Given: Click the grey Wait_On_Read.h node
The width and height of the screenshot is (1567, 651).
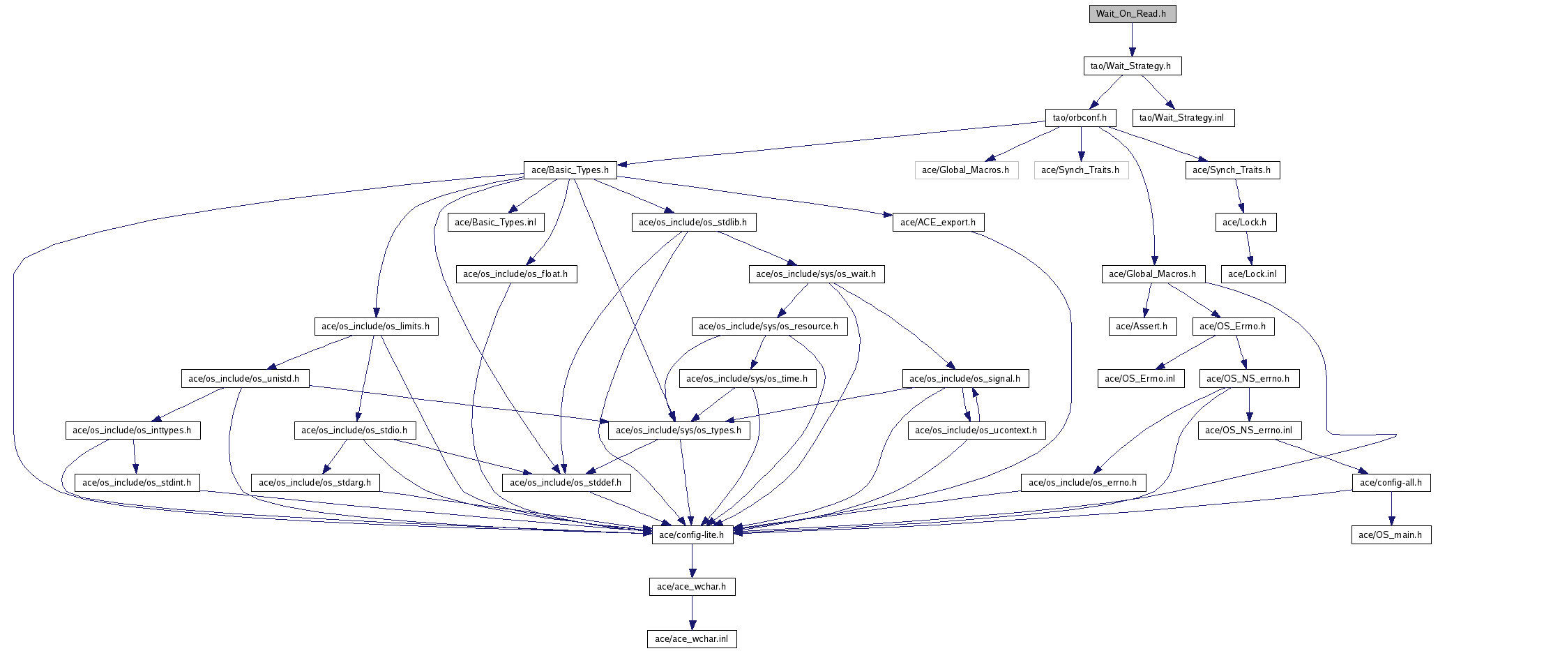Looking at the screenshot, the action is pyautogui.click(x=1133, y=14).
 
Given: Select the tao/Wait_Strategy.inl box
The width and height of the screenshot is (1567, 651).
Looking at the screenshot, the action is pyautogui.click(x=1182, y=118).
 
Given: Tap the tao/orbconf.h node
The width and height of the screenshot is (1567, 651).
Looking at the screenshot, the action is pyautogui.click(x=1080, y=118).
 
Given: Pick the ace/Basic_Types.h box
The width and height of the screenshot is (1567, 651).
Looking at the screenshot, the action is pyautogui.click(x=570, y=170).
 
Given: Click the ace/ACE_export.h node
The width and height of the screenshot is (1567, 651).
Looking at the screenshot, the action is pyautogui.click(x=938, y=223).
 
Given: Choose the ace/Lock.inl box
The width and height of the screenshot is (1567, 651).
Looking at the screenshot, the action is pyautogui.click(x=1252, y=274).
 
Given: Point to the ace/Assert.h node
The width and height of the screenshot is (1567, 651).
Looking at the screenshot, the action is pyautogui.click(x=1142, y=327).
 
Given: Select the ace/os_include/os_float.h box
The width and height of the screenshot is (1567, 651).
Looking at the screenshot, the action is pyautogui.click(x=516, y=274).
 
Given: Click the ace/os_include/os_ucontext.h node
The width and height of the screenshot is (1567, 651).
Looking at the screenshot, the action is pyautogui.click(x=976, y=431).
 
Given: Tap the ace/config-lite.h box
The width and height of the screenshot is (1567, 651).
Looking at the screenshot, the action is pyautogui.click(x=692, y=535).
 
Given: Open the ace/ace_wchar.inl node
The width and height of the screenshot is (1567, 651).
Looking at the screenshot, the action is pyautogui.click(x=692, y=639).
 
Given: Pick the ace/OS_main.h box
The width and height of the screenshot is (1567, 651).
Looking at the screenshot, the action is pyautogui.click(x=1391, y=535).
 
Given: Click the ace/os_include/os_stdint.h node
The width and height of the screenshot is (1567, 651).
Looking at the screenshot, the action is pyautogui.click(x=137, y=483).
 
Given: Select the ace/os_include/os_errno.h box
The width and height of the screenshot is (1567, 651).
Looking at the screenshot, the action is pyautogui.click(x=1083, y=483).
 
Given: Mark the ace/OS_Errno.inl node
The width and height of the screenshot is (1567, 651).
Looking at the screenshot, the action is pyautogui.click(x=1141, y=379).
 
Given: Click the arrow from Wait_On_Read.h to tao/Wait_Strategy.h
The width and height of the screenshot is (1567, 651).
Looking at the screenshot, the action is pyautogui.click(x=1132, y=40).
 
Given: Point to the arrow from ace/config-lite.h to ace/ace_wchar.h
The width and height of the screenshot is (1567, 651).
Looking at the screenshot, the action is pyautogui.click(x=692, y=561).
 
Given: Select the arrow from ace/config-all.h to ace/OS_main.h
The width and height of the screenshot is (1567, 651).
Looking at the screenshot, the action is pyautogui.click(x=1391, y=509).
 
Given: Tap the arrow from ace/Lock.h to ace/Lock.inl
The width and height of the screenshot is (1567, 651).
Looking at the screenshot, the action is pyautogui.click(x=1249, y=248).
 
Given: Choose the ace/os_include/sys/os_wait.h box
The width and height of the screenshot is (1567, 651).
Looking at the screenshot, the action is pyautogui.click(x=817, y=274).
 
